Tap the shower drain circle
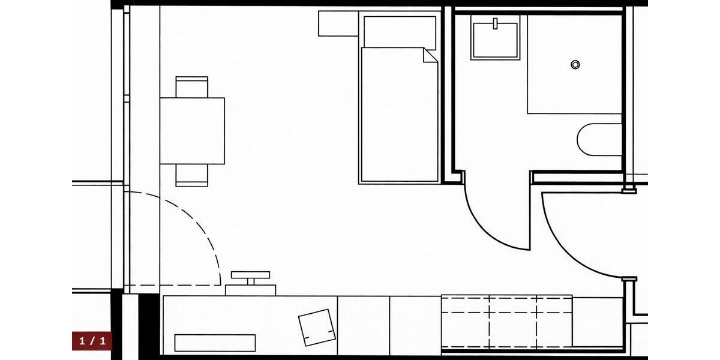coord(575,64)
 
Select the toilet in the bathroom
coord(599,140)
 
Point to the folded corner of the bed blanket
coord(430,55)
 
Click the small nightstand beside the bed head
coord(338,24)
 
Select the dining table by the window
coord(192,131)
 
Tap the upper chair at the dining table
coord(192,86)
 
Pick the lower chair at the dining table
coord(192,175)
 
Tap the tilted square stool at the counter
coord(317,327)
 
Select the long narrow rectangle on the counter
coord(215,343)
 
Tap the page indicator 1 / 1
coord(92,341)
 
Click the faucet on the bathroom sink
coord(496,24)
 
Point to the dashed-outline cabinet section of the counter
coord(507,321)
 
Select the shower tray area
coord(574,64)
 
